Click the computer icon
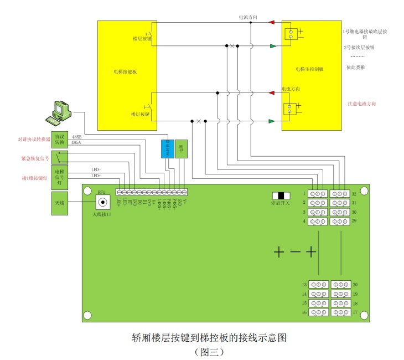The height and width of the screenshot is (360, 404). pyautogui.click(x=59, y=112)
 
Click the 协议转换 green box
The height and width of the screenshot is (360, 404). pyautogui.click(x=59, y=140)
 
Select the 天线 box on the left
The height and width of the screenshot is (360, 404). pyautogui.click(x=59, y=203)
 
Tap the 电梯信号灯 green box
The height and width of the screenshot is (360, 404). pyautogui.click(x=59, y=176)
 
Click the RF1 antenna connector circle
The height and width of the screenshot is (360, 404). pyautogui.click(x=102, y=203)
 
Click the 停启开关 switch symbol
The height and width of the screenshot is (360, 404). pyautogui.click(x=282, y=196)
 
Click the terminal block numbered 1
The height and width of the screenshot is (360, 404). pyautogui.click(x=318, y=194)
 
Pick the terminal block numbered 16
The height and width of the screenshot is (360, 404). pyautogui.click(x=318, y=313)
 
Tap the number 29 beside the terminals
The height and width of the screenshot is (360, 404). pyautogui.click(x=354, y=221)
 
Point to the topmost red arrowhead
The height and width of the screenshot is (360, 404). pyautogui.click(x=272, y=23)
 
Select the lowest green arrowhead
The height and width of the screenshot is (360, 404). pyautogui.click(x=272, y=121)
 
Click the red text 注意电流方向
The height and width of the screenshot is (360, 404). pyautogui.click(x=362, y=104)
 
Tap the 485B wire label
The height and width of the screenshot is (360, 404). pyautogui.click(x=77, y=136)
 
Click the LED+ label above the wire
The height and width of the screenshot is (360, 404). pyautogui.click(x=96, y=176)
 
